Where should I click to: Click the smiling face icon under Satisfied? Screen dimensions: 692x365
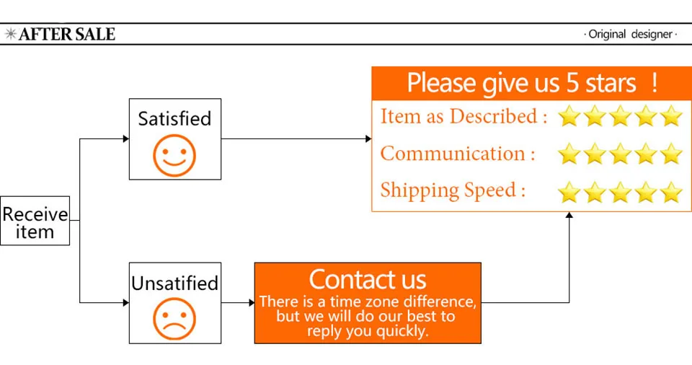(174, 156)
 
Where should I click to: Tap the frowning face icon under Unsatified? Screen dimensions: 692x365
(174, 319)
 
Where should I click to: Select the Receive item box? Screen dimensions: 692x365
(35, 221)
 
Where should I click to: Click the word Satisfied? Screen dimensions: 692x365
(174, 118)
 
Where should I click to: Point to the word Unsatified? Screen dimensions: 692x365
(174, 283)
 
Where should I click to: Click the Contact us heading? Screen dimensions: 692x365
(368, 279)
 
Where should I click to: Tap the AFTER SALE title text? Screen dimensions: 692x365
(67, 34)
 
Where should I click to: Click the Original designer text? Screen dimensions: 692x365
(630, 34)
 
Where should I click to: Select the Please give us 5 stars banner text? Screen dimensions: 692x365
(521, 83)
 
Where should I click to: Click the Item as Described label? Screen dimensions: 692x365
(463, 116)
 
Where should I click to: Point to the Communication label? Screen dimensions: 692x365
(458, 154)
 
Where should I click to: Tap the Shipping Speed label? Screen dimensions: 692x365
(453, 191)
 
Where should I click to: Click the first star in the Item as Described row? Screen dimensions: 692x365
(569, 116)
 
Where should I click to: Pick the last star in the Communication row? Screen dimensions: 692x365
(671, 154)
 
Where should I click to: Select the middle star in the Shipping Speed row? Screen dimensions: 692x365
(620, 192)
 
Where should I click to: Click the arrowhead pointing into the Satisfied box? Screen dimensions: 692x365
(125, 138)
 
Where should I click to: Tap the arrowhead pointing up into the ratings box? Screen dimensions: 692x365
(569, 215)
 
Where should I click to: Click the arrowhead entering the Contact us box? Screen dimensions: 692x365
(252, 303)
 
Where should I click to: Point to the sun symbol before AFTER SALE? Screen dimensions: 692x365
(11, 34)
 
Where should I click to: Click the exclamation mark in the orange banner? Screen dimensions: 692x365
(655, 83)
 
